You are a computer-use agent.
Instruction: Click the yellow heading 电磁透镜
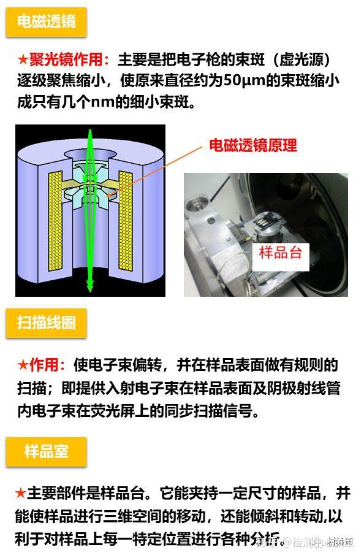tap(46, 22)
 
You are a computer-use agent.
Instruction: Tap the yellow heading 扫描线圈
tap(46, 323)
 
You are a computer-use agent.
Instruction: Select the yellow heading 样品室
tap(46, 452)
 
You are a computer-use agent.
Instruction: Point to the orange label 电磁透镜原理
tap(252, 146)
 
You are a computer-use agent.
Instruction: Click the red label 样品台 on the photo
tap(280, 252)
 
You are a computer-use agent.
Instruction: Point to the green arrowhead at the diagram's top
tap(90, 133)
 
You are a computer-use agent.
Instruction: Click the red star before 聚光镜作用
tap(23, 60)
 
